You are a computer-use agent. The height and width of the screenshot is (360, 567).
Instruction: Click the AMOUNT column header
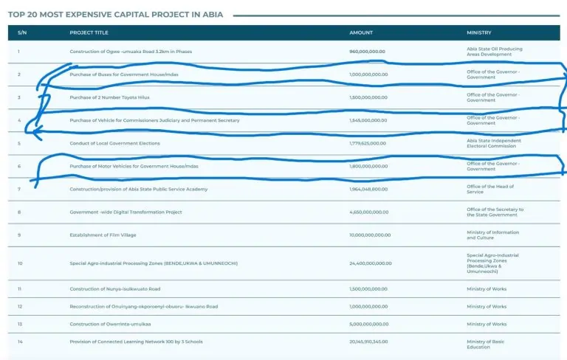(x=361, y=32)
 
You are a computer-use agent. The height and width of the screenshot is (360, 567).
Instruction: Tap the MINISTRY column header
(x=478, y=32)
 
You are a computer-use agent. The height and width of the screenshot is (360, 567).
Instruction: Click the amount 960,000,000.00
(x=368, y=52)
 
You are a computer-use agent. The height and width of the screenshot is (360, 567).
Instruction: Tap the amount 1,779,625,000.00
(x=368, y=143)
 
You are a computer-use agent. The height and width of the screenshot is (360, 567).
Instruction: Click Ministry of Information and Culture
(x=492, y=235)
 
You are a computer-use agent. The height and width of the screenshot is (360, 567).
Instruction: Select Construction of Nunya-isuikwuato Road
(x=114, y=289)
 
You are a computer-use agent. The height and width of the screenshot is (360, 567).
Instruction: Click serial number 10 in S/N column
(x=20, y=263)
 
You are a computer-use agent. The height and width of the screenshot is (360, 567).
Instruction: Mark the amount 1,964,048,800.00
(x=368, y=190)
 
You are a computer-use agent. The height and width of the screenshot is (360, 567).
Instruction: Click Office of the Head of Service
(x=485, y=190)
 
